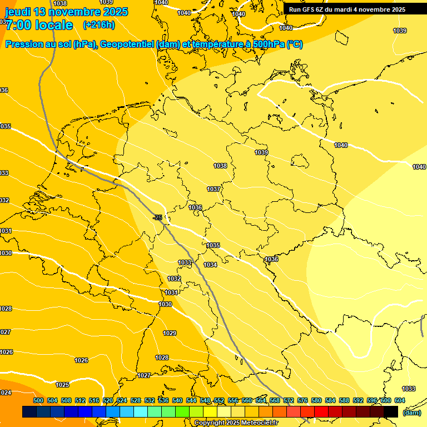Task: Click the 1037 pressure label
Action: point(213,189)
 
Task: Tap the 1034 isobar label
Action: point(210,265)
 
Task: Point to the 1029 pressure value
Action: point(170,333)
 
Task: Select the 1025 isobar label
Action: point(62,385)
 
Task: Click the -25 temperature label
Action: point(157,217)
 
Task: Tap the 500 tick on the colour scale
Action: point(38,400)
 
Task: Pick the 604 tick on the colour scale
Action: point(400,400)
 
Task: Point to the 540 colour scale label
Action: point(177,400)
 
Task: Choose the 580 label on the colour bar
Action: point(316,400)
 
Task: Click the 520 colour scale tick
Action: point(108,400)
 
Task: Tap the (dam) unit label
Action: point(411,412)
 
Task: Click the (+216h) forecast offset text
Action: point(98,25)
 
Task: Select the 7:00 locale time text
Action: point(39,25)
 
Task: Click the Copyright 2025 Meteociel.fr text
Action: point(236,423)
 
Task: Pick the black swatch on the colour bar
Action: point(391,411)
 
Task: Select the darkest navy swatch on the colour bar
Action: point(29,411)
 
